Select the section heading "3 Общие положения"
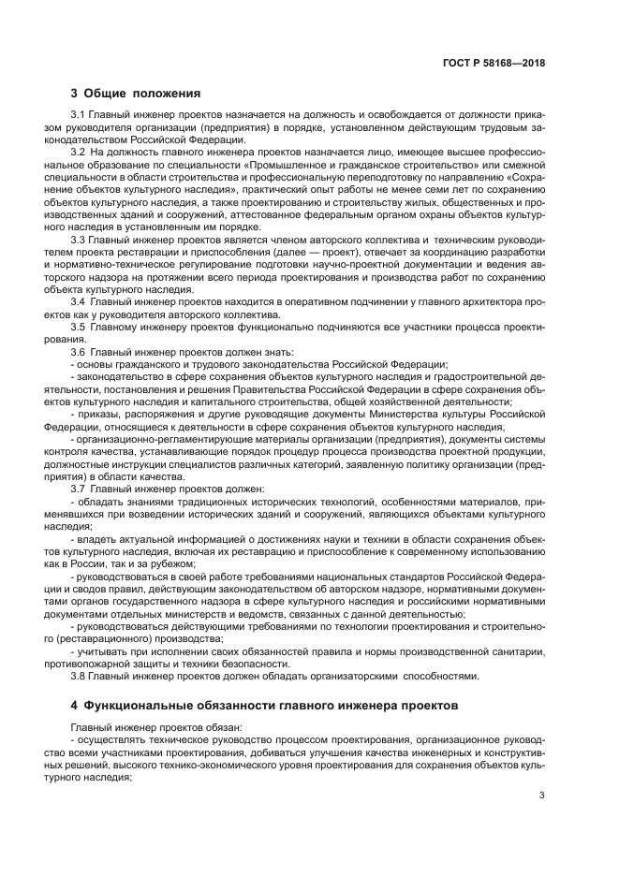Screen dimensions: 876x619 (x=136, y=93)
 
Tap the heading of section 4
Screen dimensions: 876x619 (x=264, y=704)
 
